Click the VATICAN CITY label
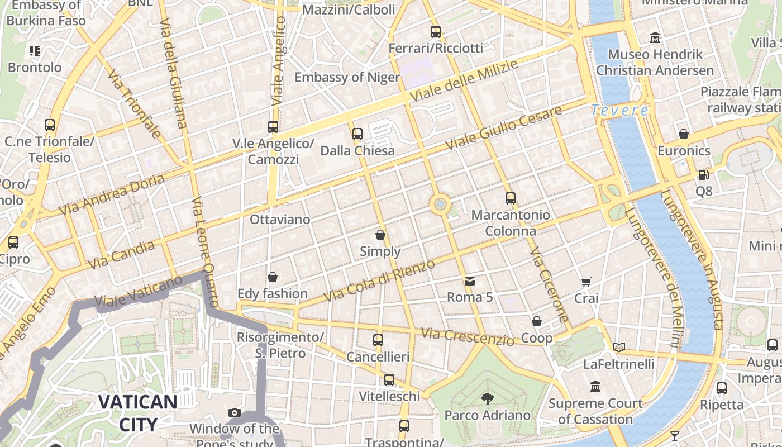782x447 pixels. tap(138, 413)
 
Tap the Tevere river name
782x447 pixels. tap(619, 110)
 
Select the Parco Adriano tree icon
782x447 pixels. tap(487, 398)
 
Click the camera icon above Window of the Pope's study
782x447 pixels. tap(235, 413)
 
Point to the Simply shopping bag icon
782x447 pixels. tap(380, 235)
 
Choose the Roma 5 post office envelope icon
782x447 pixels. tap(470, 280)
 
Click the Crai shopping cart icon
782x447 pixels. tap(586, 282)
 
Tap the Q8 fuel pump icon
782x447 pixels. tap(703, 175)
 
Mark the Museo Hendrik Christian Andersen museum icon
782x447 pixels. tap(655, 38)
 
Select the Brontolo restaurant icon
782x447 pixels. tap(35, 51)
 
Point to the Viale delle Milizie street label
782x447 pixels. tap(464, 80)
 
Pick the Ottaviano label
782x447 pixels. tap(280, 220)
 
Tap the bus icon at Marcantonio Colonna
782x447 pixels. tap(510, 198)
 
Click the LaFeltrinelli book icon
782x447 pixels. tap(618, 348)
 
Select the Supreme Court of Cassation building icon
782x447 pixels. tap(595, 387)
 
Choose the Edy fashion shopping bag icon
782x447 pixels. tap(273, 277)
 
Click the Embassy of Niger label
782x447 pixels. tap(347, 77)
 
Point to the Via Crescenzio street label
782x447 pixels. tap(467, 336)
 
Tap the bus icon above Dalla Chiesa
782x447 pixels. tap(357, 134)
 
